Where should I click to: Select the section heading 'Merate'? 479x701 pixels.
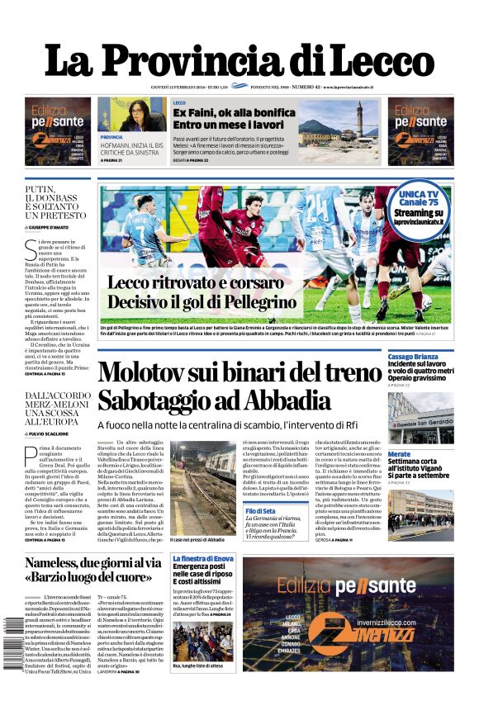pyautogui.click(x=399, y=454)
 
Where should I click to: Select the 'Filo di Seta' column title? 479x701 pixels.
pyautogui.click(x=260, y=511)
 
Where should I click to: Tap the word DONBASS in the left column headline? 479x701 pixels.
pyautogui.click(x=61, y=198)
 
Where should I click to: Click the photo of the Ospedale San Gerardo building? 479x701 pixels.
pyautogui.click(x=420, y=419)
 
